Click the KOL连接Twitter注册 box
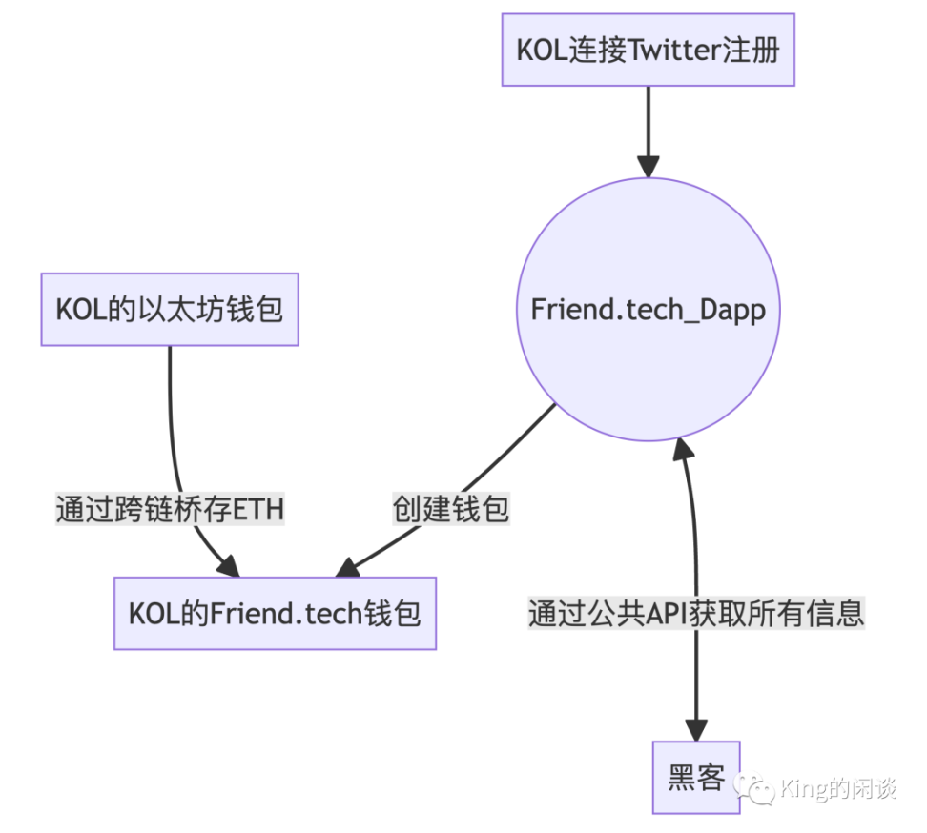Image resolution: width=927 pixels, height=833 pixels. tap(649, 50)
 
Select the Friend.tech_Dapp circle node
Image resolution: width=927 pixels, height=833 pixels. tap(649, 310)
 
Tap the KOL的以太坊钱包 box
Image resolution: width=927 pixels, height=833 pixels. tap(170, 310)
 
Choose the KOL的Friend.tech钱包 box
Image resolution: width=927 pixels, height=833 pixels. tap(275, 614)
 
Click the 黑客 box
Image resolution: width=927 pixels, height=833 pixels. tap(696, 778)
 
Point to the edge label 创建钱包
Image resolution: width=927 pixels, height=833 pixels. tap(451, 509)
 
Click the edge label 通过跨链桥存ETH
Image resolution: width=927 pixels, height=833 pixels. tap(170, 509)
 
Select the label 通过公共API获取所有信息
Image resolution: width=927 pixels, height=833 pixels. tap(696, 613)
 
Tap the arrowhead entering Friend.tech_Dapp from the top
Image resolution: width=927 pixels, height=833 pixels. tap(649, 166)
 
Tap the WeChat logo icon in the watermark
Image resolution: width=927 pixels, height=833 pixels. tap(759, 787)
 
